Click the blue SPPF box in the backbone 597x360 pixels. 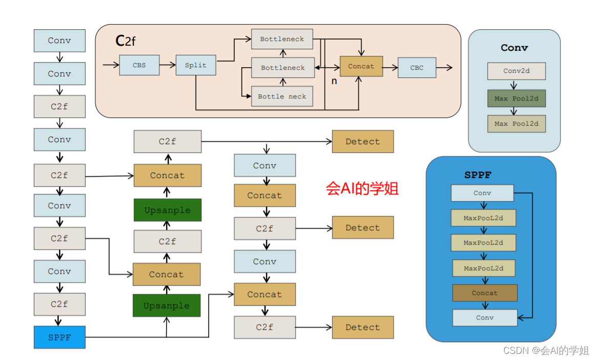click(59, 337)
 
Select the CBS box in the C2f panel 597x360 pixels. click(139, 65)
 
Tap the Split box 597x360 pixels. click(196, 65)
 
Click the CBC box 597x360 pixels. click(417, 67)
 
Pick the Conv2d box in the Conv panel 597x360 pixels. click(516, 71)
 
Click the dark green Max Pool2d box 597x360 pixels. click(516, 98)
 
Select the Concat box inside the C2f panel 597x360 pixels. click(361, 66)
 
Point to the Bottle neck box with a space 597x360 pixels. click(282, 96)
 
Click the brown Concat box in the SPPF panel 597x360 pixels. click(484, 293)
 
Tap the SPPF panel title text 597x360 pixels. click(478, 175)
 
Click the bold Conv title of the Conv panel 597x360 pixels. click(514, 48)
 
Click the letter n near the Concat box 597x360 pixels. click(334, 81)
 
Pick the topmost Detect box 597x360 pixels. click(362, 142)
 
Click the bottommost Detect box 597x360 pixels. click(362, 327)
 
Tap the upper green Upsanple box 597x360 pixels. click(167, 210)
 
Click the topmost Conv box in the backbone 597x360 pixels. click(59, 41)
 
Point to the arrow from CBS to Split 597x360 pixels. click(167, 65)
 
